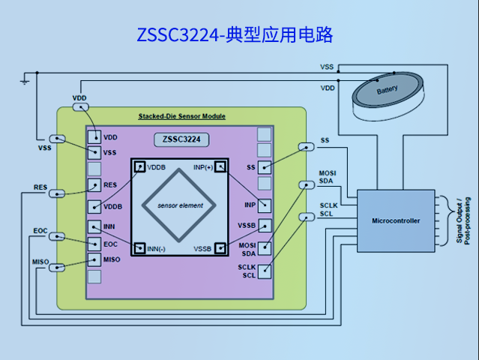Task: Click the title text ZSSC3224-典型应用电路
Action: pyautogui.click(x=235, y=34)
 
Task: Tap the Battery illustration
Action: pyautogui.click(x=388, y=91)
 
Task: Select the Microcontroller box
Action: pyautogui.click(x=396, y=220)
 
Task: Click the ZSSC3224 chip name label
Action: pyautogui.click(x=181, y=139)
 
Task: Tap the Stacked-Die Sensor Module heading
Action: pyautogui.click(x=181, y=116)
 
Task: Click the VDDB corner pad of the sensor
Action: pyautogui.click(x=139, y=166)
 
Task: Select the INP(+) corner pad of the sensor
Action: pyautogui.click(x=220, y=166)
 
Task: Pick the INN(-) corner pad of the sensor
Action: pyautogui.click(x=139, y=248)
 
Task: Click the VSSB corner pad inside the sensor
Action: pyautogui.click(x=220, y=248)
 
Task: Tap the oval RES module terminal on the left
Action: pyautogui.click(x=57, y=193)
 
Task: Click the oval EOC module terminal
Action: pyautogui.click(x=57, y=237)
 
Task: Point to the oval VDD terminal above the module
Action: pyautogui.click(x=79, y=107)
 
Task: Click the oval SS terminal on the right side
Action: pyautogui.click(x=306, y=147)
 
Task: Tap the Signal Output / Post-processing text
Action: pyautogui.click(x=463, y=220)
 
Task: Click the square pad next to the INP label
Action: pyautogui.click(x=264, y=205)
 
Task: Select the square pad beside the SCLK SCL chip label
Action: pyautogui.click(x=264, y=271)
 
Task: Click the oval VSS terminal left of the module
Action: pyautogui.click(x=57, y=139)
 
